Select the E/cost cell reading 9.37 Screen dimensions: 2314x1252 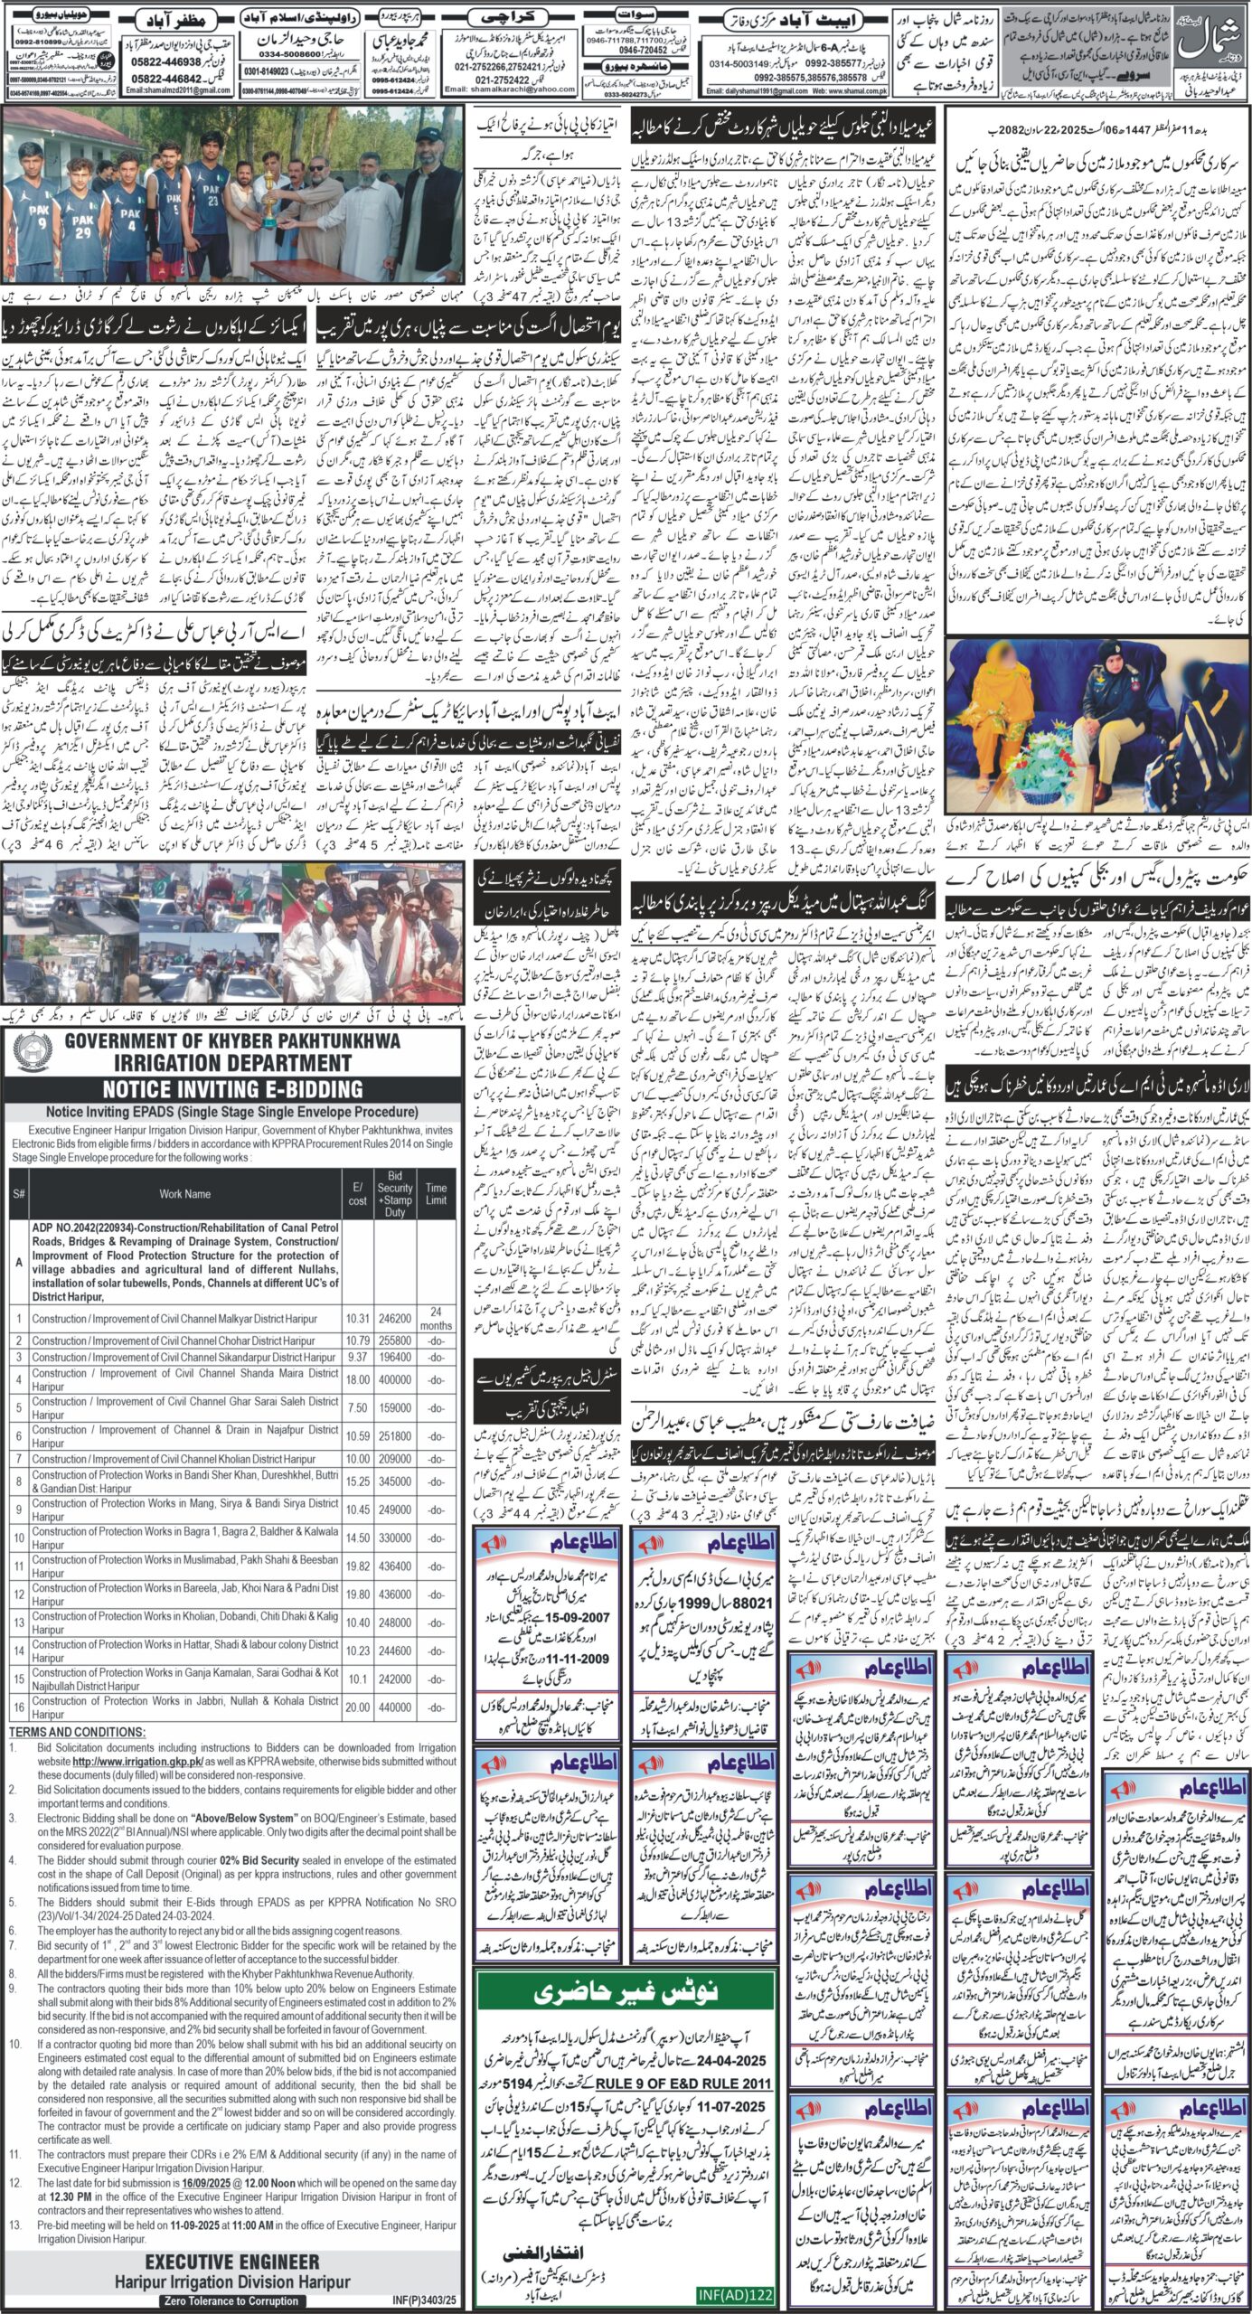point(357,1357)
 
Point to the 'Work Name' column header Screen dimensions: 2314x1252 point(184,1193)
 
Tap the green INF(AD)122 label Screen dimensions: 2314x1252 point(736,2296)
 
